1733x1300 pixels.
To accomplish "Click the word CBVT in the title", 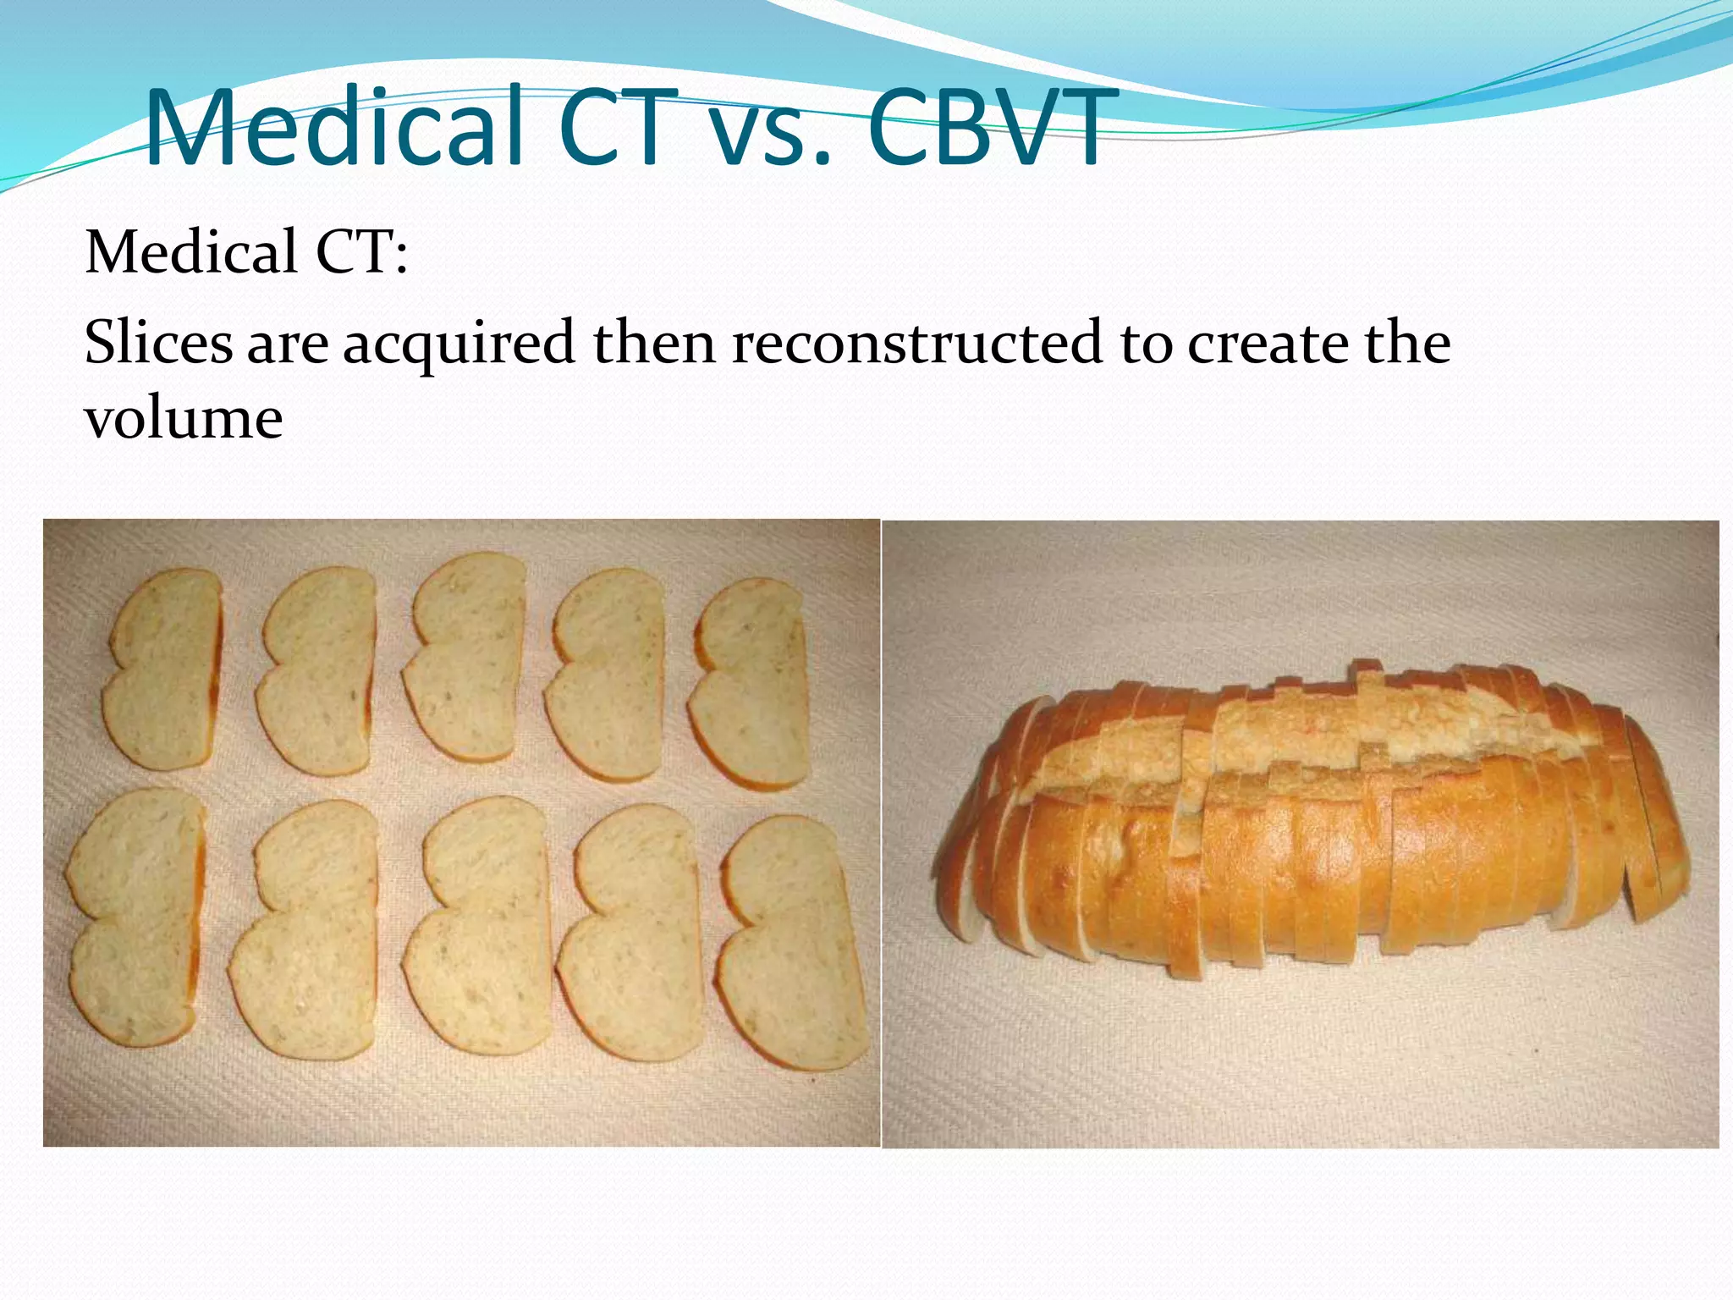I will (987, 129).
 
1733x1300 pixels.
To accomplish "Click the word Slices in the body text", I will (158, 344).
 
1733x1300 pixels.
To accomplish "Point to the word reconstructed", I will (917, 344).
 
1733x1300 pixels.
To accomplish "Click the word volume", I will (184, 419).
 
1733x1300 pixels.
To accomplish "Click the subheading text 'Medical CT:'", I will (246, 253).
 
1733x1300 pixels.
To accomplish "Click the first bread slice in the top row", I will (165, 669).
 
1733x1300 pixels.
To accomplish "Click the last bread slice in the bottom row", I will (792, 943).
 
